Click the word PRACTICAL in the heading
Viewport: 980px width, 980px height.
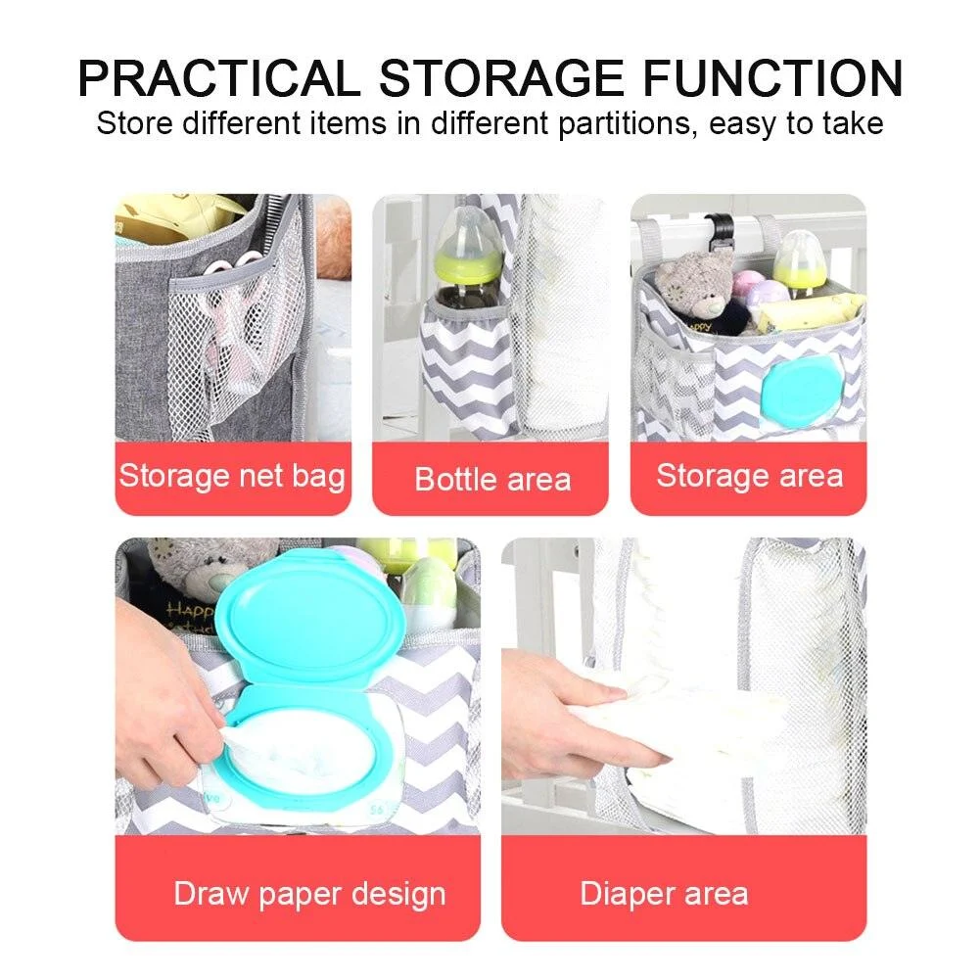pyautogui.click(x=218, y=78)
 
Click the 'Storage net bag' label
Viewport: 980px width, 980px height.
pyautogui.click(x=232, y=477)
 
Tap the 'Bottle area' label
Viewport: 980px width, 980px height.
pyautogui.click(x=491, y=479)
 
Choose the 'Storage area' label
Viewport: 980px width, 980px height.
pyautogui.click(x=749, y=476)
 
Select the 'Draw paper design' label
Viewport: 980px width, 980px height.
pyautogui.click(x=309, y=893)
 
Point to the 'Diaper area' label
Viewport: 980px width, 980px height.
pyautogui.click(x=664, y=893)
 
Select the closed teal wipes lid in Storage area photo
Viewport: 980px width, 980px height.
pyautogui.click(x=801, y=388)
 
